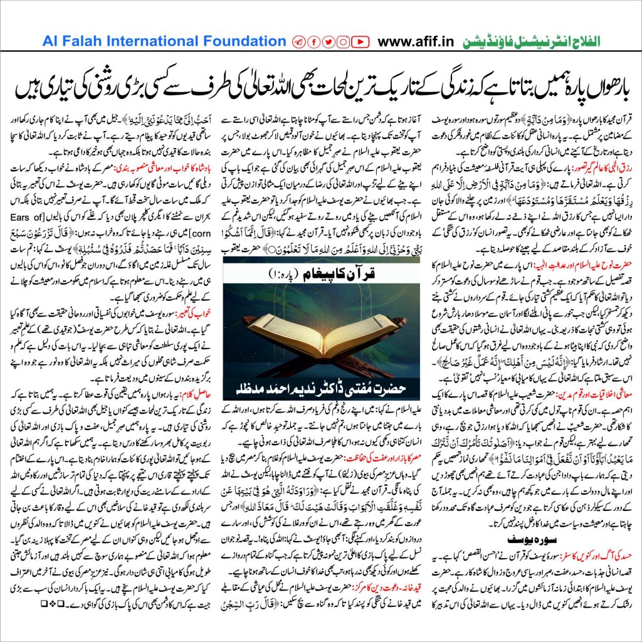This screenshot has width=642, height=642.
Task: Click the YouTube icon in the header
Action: point(360,42)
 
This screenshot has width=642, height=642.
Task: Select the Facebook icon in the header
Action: point(313,42)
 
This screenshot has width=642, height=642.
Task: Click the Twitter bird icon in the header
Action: point(328,42)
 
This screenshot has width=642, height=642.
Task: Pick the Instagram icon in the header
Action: point(344,42)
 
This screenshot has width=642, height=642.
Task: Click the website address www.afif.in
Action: point(419,42)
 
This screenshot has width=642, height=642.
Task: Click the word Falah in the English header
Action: point(82,41)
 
